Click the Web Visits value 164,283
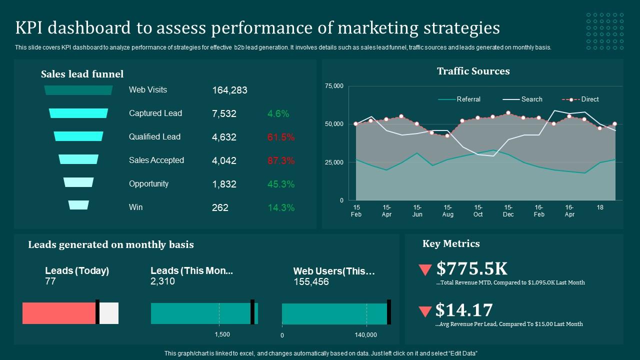229,90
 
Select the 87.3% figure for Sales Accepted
281,161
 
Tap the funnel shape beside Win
78,205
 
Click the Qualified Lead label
154,137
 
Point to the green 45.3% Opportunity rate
281,184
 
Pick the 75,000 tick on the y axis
334,86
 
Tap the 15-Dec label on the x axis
508,211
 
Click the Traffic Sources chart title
473,71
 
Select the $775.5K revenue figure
471,269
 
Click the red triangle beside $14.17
425,311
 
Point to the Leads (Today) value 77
50,281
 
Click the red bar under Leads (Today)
59,313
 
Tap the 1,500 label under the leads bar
222,334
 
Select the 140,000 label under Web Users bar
365,335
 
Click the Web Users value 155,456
311,282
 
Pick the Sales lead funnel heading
82,74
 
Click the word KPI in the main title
31,28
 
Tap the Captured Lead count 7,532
224,114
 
